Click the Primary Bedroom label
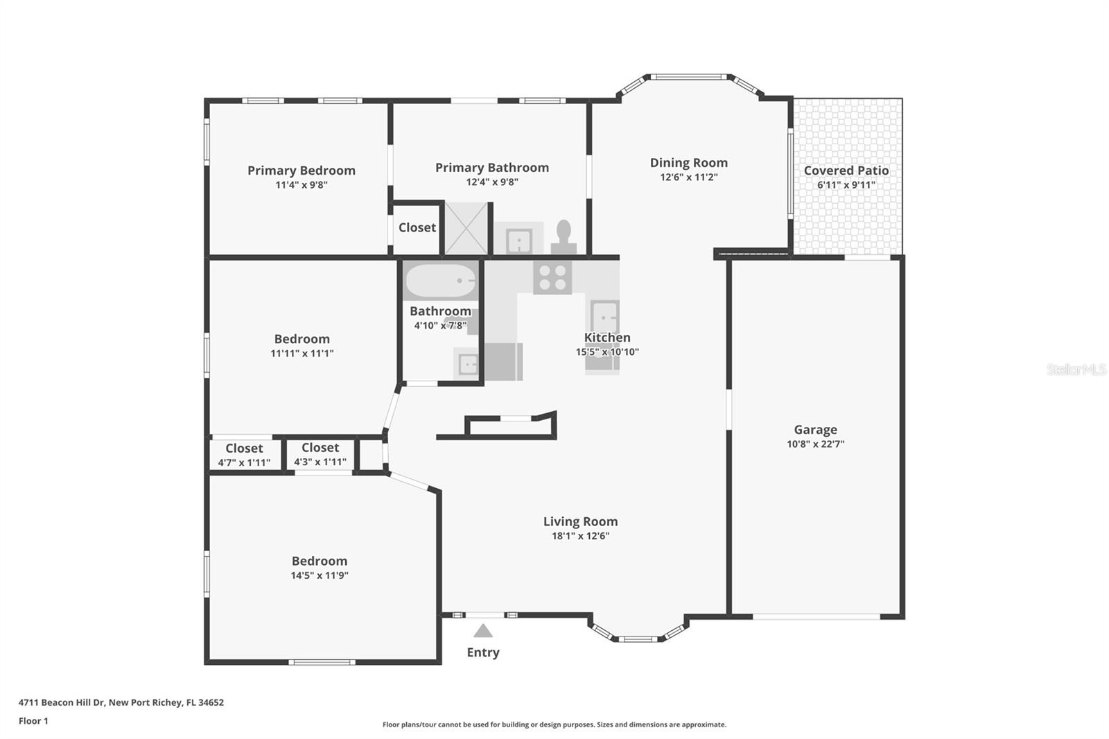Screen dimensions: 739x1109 coord(301,171)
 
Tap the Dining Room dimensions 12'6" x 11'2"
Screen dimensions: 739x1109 coord(688,177)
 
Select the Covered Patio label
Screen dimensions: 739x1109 coord(846,171)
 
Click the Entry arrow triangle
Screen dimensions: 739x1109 coord(483,631)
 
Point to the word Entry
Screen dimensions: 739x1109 coord(483,652)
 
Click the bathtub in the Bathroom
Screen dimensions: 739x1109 coord(440,281)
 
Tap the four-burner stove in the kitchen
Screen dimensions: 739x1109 coord(552,278)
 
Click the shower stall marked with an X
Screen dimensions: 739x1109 coord(466,228)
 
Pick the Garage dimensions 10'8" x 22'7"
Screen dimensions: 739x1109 coord(815,444)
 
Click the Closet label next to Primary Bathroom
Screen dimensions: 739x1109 coord(417,227)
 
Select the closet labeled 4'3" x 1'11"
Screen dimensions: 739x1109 coord(320,455)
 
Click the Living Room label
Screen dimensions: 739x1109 coord(580,522)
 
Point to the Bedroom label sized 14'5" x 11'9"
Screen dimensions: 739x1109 coord(319,562)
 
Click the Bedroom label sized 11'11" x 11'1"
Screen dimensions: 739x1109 coord(302,339)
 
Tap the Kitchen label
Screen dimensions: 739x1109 coord(607,338)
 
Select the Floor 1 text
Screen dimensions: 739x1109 coord(33,721)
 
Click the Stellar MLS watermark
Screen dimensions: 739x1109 coord(1076,369)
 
